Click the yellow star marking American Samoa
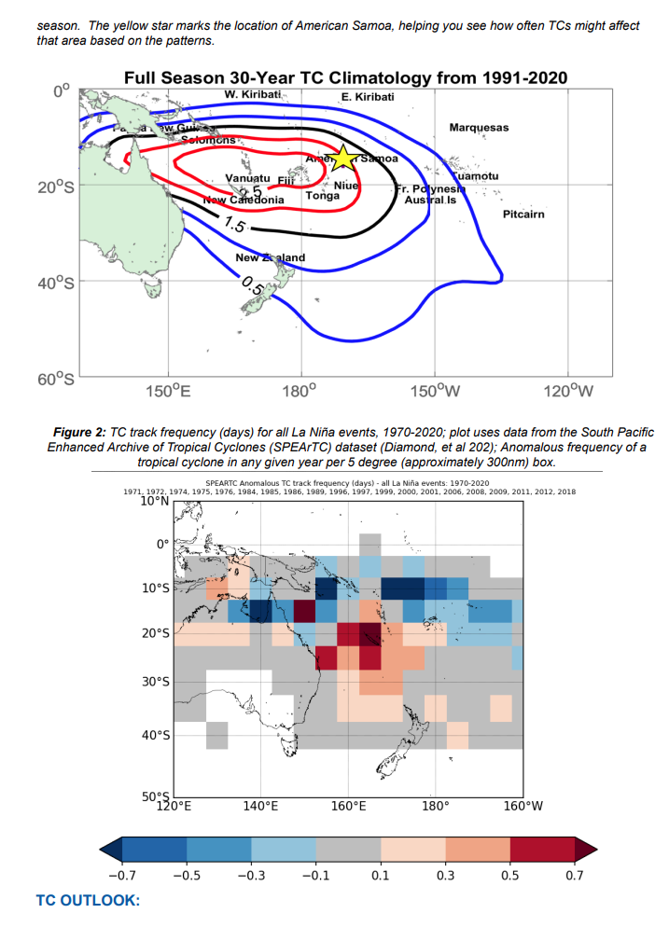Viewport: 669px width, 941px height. [342, 158]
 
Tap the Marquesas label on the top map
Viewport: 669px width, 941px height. [479, 127]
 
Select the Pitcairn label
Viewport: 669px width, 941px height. [523, 214]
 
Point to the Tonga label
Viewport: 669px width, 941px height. [322, 197]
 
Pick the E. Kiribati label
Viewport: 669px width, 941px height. [368, 97]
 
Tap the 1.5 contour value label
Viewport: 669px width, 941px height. [235, 224]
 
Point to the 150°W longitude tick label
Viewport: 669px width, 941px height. [435, 390]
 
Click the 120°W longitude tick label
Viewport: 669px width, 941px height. [568, 390]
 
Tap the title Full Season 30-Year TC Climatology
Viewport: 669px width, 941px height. [344, 77]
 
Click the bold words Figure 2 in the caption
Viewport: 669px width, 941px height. [80, 433]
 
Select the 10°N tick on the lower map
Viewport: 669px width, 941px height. [154, 500]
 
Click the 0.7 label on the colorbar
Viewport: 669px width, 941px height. [574, 877]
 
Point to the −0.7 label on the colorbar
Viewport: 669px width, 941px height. [121, 877]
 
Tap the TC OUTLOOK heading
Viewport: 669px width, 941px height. [88, 900]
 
